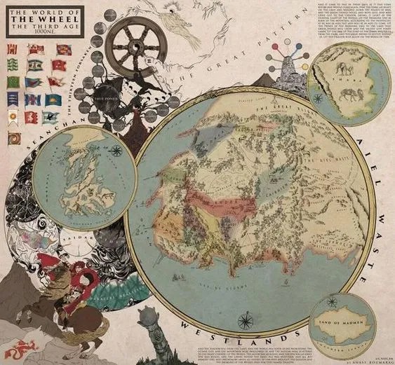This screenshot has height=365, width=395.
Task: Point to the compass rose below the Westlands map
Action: (x=246, y=320)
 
